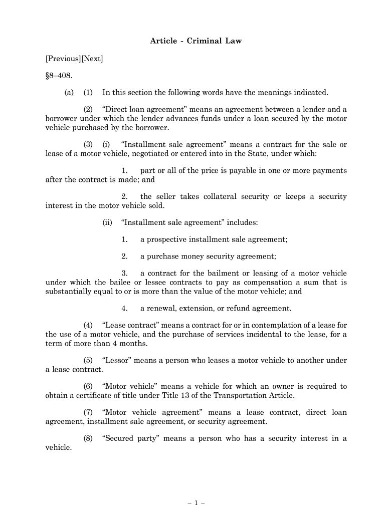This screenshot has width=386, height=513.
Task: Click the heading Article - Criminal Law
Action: click(x=196, y=41)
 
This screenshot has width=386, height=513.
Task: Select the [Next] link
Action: click(x=92, y=59)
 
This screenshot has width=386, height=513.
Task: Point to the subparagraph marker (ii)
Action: click(x=107, y=222)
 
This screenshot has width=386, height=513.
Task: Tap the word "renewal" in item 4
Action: click(x=162, y=308)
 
